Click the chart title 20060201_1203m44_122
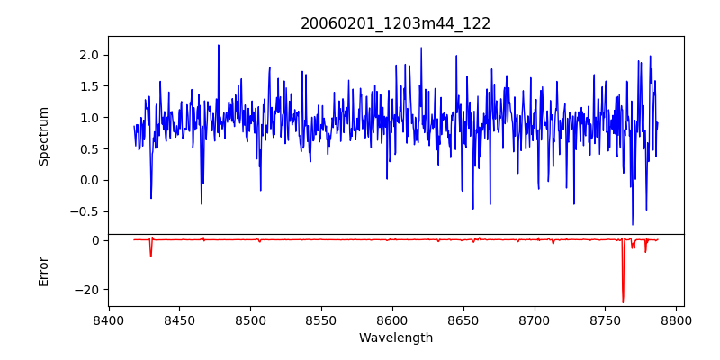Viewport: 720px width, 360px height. point(395,23)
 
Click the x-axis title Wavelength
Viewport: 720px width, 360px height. point(395,338)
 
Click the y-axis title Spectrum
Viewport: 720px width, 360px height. point(43,136)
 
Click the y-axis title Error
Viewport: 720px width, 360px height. point(43,271)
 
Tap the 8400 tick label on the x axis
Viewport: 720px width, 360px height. point(109,320)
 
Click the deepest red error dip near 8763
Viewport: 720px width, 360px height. point(623,301)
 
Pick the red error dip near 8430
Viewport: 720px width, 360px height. point(151,256)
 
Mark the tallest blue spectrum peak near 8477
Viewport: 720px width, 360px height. point(218,46)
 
